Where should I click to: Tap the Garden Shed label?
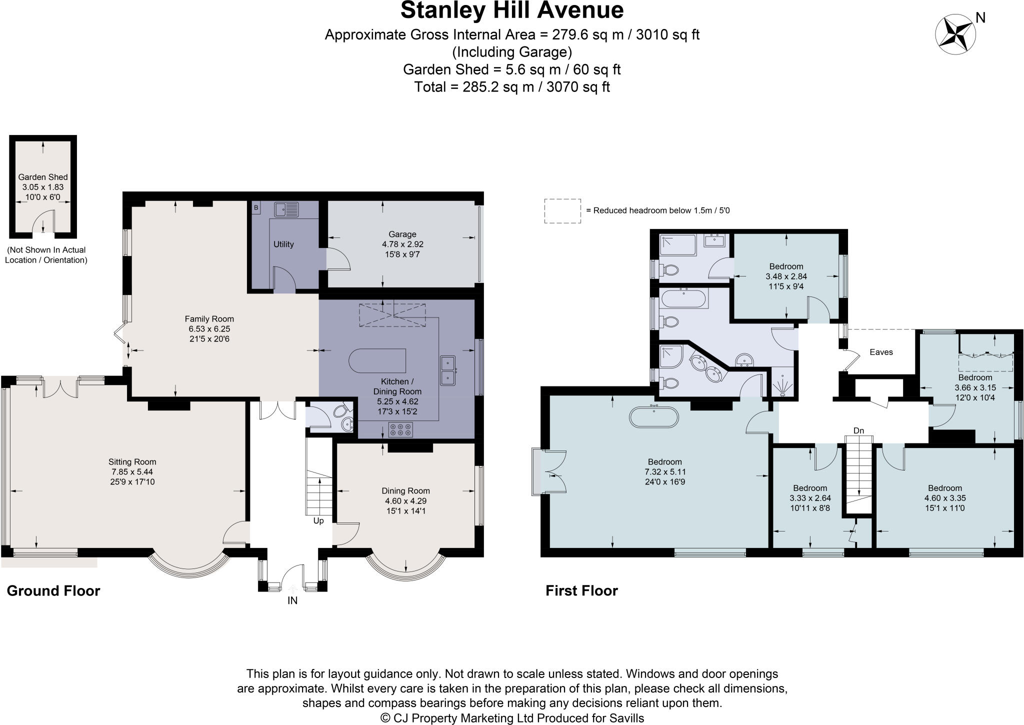click(x=43, y=177)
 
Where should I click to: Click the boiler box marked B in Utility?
click(x=256, y=207)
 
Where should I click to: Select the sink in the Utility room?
click(x=286, y=209)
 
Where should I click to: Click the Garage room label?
click(x=402, y=234)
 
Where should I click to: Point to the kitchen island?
click(x=377, y=361)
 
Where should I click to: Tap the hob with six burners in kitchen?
click(x=400, y=429)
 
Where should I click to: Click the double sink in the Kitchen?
click(x=448, y=370)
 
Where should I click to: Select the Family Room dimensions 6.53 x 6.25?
click(x=209, y=329)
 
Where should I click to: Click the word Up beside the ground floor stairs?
click(x=318, y=520)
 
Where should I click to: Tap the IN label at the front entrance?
click(x=292, y=600)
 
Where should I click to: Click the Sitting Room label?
click(x=132, y=462)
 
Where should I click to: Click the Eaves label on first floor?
click(x=881, y=352)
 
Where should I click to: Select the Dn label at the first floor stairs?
click(x=858, y=430)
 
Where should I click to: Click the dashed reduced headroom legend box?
click(x=562, y=210)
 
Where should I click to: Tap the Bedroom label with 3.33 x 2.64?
click(x=809, y=488)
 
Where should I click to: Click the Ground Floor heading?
click(x=53, y=591)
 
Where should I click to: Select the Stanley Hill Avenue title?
click(x=512, y=10)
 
